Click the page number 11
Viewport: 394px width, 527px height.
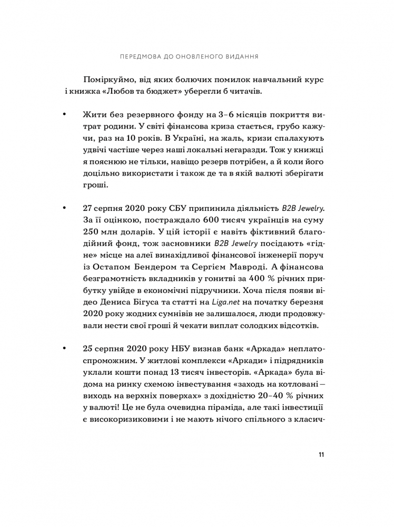click(321, 455)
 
